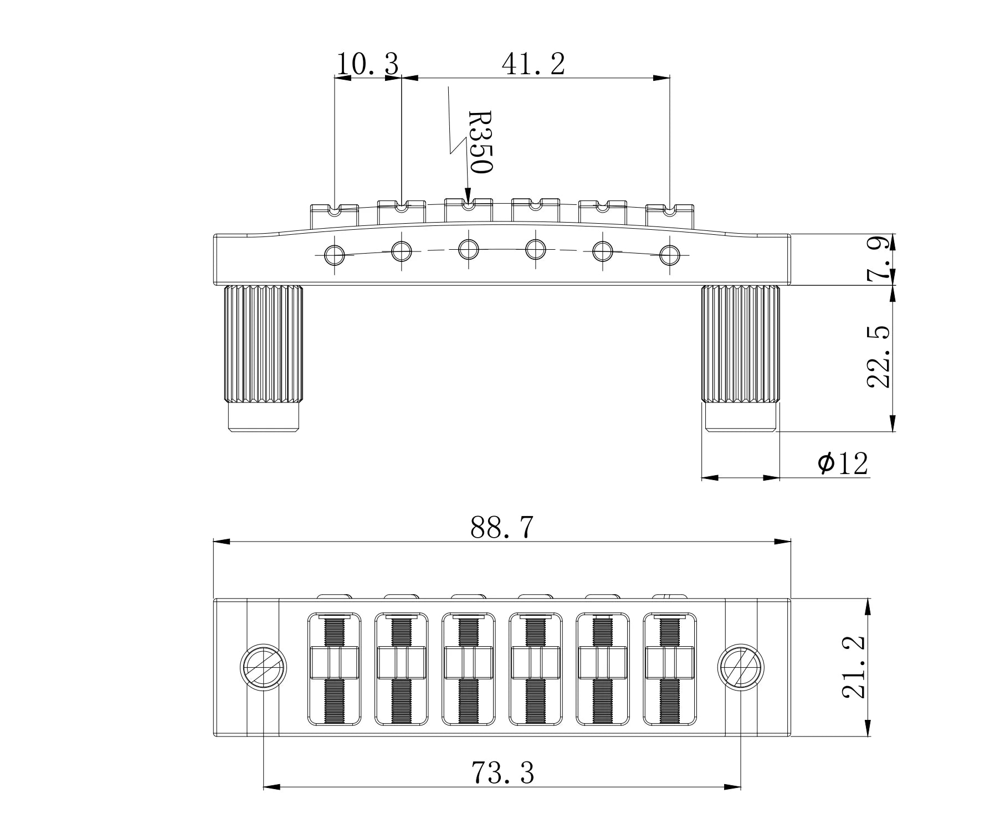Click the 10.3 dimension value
pyautogui.click(x=367, y=65)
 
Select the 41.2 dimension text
pyautogui.click(x=533, y=65)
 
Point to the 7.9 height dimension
pyautogui.click(x=879, y=259)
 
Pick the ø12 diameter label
pyautogui.click(x=843, y=463)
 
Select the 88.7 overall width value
pyautogui.click(x=501, y=527)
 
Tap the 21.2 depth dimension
pyautogui.click(x=854, y=668)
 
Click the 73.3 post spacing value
pyautogui.click(x=502, y=772)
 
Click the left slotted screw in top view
pyautogui.click(x=263, y=667)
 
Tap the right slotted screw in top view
pyautogui.click(x=741, y=667)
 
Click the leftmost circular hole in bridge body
pyautogui.click(x=335, y=255)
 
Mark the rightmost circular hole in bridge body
pyautogui.click(x=670, y=255)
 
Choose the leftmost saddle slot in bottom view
pyautogui.click(x=334, y=668)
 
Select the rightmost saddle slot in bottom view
pyautogui.click(x=670, y=668)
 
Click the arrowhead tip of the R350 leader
pyautogui.click(x=468, y=204)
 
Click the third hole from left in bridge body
pyautogui.click(x=469, y=250)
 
